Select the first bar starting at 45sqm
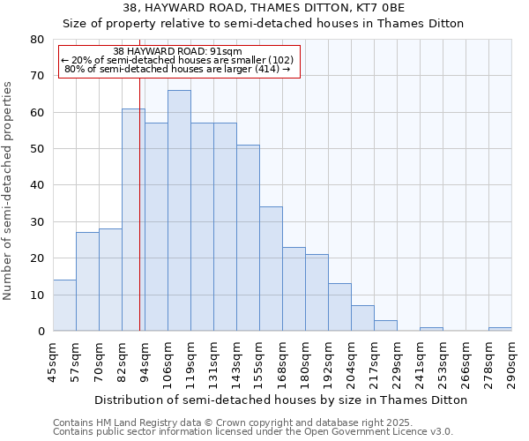click(64, 305)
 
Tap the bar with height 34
click(271, 269)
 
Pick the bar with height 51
click(248, 238)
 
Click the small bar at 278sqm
click(500, 329)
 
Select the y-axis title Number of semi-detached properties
click(9, 191)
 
